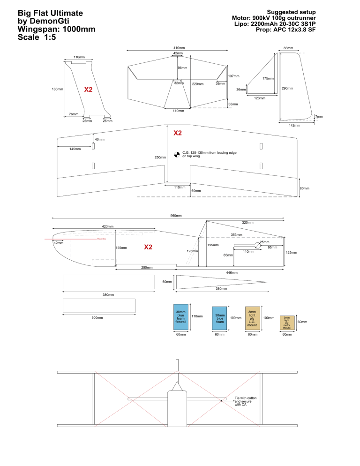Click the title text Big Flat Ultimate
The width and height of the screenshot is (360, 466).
click(x=50, y=13)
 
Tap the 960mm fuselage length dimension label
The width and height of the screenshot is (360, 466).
click(x=176, y=216)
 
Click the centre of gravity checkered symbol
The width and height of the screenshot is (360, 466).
click(x=177, y=153)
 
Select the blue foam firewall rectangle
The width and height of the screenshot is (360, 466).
click(x=181, y=316)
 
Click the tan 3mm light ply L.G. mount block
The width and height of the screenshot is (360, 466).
click(x=252, y=318)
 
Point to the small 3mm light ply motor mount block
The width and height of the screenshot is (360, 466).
click(x=287, y=322)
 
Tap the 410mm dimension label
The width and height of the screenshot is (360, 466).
click(x=179, y=48)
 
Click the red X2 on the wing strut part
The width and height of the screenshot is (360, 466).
click(x=88, y=89)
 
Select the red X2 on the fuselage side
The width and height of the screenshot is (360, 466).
click(x=148, y=247)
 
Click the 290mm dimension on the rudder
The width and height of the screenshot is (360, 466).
click(x=287, y=88)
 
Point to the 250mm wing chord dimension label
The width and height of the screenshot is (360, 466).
click(x=160, y=158)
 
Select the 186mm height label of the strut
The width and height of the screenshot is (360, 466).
click(x=58, y=89)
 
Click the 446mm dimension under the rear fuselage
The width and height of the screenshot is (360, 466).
click(x=232, y=272)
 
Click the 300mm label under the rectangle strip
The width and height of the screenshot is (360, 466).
click(x=97, y=318)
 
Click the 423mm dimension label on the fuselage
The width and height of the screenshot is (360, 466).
click(x=107, y=226)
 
